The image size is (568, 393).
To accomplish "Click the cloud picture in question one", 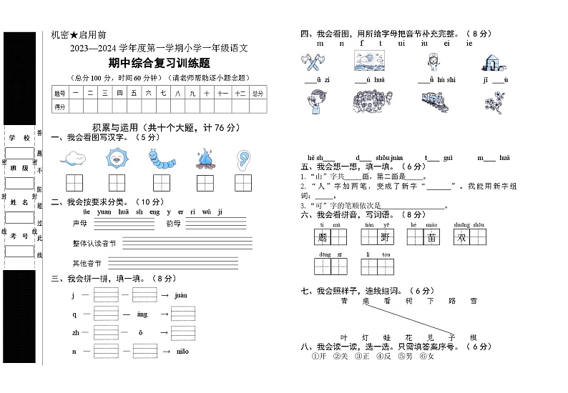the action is [x=74, y=157].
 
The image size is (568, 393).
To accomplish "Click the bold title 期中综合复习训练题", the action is [x=159, y=63].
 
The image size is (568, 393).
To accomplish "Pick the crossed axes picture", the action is [x=315, y=64].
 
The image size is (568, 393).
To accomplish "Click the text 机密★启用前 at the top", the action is [x=79, y=34].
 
